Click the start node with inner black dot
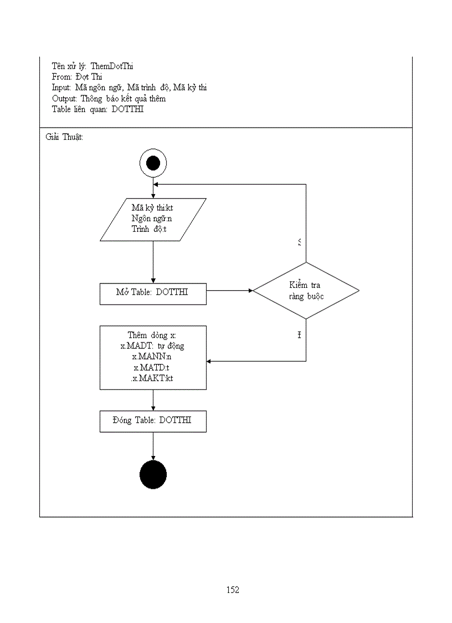click(x=152, y=163)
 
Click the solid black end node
click(x=153, y=474)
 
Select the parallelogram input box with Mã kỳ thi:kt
click(x=152, y=219)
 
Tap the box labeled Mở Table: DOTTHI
click(x=153, y=293)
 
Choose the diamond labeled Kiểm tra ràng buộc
click(x=306, y=290)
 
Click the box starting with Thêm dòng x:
click(x=153, y=357)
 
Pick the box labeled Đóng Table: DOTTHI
click(x=153, y=421)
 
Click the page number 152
click(x=233, y=590)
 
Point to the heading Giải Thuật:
click(x=64, y=137)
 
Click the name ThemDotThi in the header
click(x=112, y=66)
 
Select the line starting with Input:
click(x=129, y=88)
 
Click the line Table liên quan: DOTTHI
click(x=98, y=110)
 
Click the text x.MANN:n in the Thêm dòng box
click(x=152, y=357)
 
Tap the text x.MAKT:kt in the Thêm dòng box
click(x=152, y=378)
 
